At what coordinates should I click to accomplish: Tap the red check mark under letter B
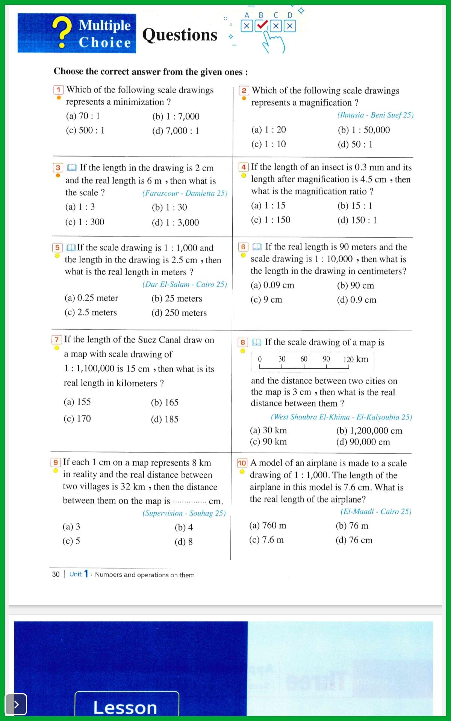point(262,26)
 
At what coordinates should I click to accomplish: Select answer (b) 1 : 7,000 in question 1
point(176,116)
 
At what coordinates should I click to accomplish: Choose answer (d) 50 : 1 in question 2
point(355,144)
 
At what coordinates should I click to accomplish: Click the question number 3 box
point(58,168)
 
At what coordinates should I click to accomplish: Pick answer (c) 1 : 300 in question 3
point(85,222)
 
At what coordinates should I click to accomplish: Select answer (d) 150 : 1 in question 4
point(357,220)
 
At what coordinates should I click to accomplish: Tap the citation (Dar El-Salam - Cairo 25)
point(185,284)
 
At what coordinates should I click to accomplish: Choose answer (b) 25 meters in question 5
point(177,299)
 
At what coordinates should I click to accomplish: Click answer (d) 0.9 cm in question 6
point(356,300)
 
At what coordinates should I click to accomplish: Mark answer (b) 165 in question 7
point(165,403)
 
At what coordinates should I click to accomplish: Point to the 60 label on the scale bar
point(304,359)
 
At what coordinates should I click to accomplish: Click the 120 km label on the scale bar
point(355,359)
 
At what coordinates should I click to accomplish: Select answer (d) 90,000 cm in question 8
point(363,442)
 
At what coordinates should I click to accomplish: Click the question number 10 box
point(242,463)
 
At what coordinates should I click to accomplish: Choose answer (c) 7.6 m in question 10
point(266,540)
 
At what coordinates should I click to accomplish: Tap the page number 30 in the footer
point(56,574)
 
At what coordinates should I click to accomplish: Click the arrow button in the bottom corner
point(16,704)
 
